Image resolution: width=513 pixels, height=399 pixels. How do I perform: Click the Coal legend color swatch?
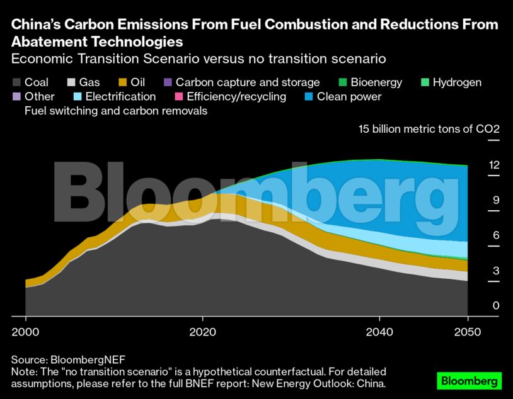16,82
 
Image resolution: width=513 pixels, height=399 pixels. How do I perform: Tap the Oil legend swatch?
122,82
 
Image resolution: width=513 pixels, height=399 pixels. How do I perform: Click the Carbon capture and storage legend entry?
247,82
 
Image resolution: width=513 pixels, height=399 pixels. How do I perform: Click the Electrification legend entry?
120,97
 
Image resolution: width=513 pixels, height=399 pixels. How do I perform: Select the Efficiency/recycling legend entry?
236,97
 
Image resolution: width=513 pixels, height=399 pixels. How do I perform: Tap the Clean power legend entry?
349,97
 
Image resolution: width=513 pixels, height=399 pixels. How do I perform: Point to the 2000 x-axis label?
25,332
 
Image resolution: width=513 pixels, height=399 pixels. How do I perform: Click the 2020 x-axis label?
202,332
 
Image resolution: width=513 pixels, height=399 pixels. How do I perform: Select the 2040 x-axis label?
379,332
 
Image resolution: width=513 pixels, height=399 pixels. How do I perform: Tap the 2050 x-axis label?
468,332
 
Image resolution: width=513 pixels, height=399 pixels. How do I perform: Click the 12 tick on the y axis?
494,165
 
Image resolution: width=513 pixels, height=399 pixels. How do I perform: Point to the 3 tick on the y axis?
496,271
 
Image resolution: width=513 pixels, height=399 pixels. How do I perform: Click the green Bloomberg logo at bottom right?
469,381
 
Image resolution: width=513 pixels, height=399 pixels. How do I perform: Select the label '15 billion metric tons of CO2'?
429,129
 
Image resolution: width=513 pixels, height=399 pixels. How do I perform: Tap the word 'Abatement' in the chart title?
52,42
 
